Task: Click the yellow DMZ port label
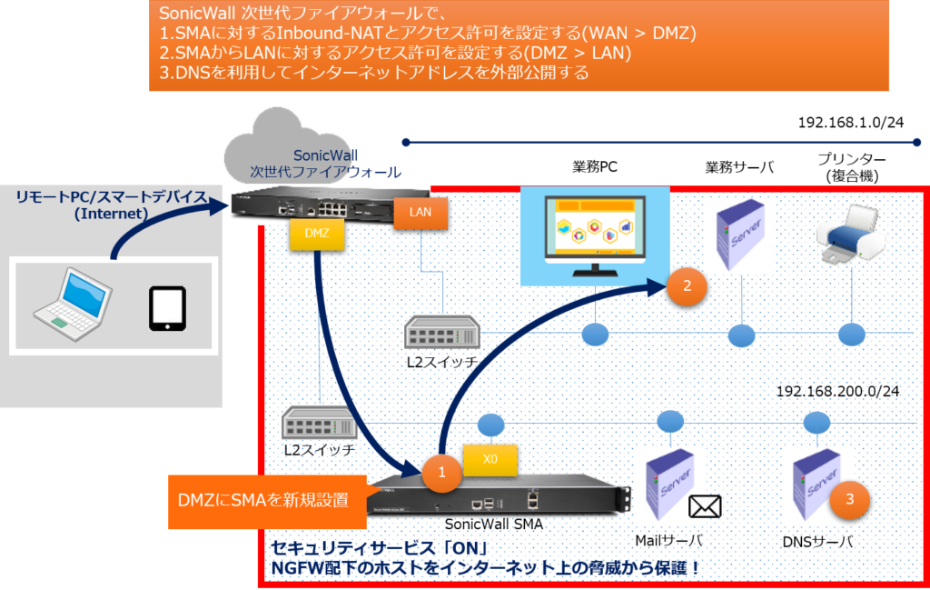click(x=317, y=234)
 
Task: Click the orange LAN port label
click(x=420, y=213)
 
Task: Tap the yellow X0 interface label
click(x=490, y=459)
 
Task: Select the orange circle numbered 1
click(x=442, y=473)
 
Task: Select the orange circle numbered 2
click(x=687, y=286)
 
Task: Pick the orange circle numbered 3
click(x=849, y=499)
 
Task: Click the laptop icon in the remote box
click(x=73, y=304)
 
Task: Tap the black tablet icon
click(x=167, y=309)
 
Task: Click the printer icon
click(x=850, y=234)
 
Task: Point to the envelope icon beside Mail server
click(x=705, y=507)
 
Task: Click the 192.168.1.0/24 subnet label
click(x=850, y=123)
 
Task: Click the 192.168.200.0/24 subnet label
click(x=837, y=391)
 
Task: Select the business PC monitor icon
click(x=595, y=236)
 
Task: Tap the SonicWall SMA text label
click(x=494, y=525)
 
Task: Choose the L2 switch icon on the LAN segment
click(x=442, y=332)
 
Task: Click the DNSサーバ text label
click(x=817, y=541)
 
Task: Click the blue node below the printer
click(x=852, y=335)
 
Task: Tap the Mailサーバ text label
click(x=668, y=541)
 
